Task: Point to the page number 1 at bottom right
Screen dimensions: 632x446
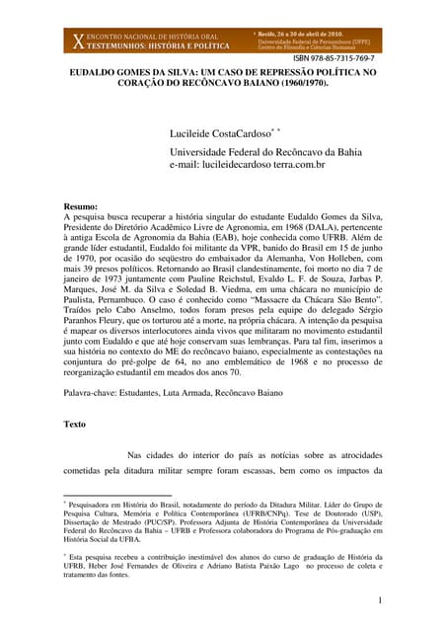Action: (x=379, y=600)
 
